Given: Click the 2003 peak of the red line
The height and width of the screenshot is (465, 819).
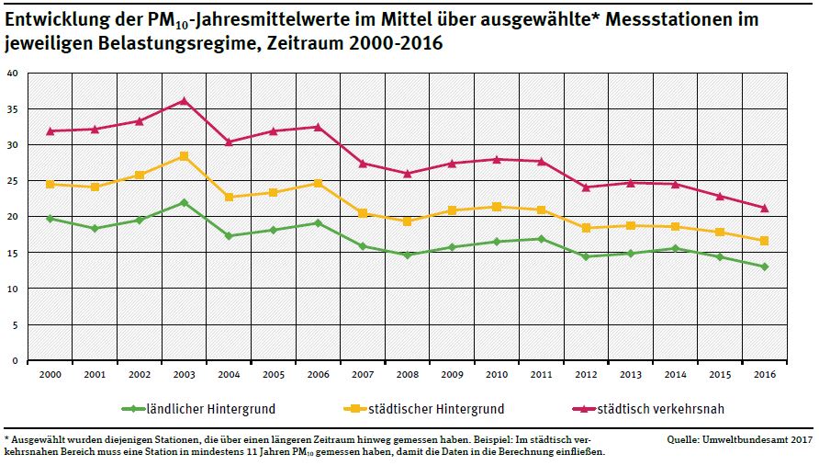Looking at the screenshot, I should [x=183, y=100].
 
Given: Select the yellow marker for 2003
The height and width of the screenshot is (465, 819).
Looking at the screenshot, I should [x=183, y=156].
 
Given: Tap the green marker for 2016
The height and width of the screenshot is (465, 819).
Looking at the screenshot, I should [x=764, y=267].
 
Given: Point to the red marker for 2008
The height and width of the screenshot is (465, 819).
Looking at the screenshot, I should [x=407, y=174].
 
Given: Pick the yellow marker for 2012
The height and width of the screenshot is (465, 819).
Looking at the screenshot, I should [x=585, y=228].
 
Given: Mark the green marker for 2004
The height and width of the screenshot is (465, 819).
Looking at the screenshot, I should [x=228, y=236].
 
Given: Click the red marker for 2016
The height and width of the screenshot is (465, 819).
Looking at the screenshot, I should [x=764, y=208].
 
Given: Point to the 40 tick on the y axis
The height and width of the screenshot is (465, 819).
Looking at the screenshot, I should [x=12, y=74].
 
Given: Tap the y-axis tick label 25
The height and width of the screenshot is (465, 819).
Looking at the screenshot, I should [x=12, y=181].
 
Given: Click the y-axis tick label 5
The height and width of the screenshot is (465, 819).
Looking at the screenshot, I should [x=15, y=325].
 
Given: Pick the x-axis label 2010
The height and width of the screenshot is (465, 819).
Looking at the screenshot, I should [x=496, y=375].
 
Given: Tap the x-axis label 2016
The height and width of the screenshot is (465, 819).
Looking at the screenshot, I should [x=764, y=375].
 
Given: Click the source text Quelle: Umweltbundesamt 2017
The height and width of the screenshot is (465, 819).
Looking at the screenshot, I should [x=740, y=440].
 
